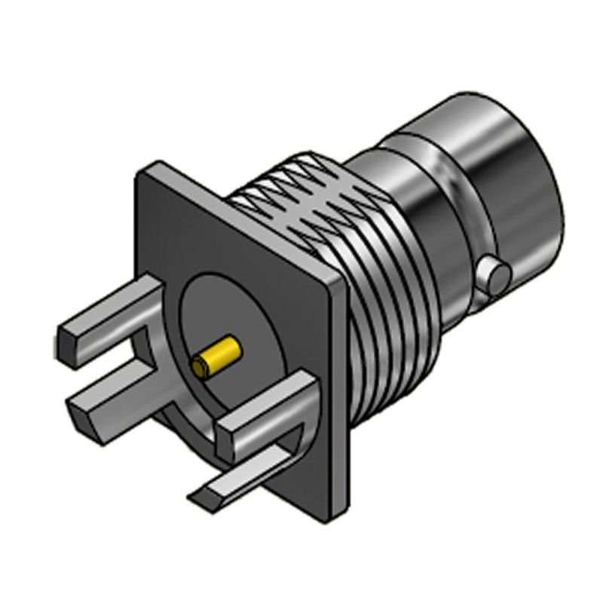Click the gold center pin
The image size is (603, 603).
tap(219, 357)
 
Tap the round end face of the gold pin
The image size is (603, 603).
tap(199, 368)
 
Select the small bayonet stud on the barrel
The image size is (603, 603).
tap(497, 276)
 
